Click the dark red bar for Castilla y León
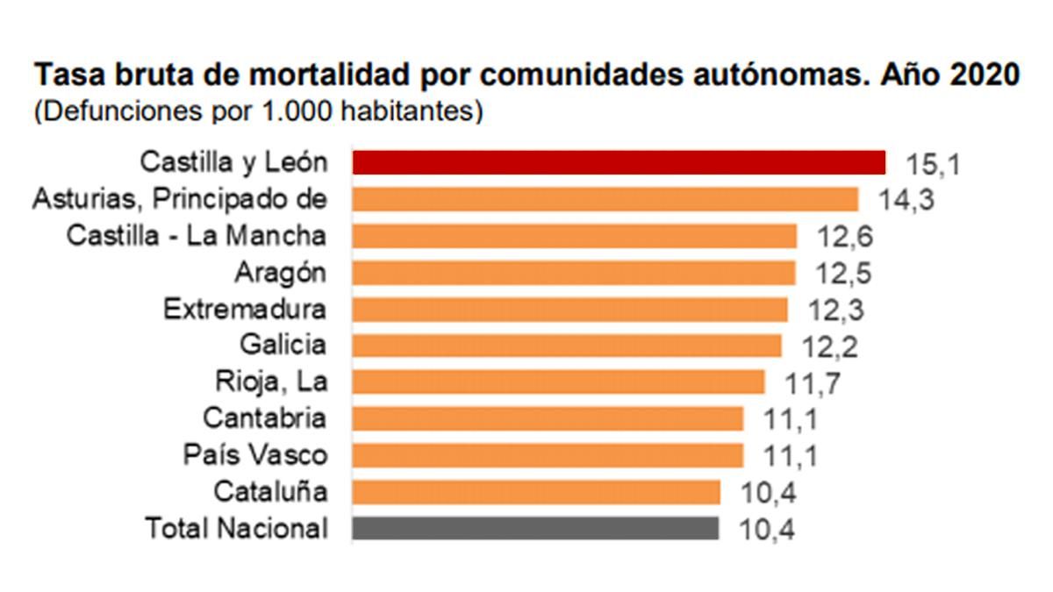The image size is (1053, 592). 619,162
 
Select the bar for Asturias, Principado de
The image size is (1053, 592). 605,199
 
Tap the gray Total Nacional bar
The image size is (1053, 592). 535,528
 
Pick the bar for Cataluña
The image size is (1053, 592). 536,491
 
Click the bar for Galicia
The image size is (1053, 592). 567,346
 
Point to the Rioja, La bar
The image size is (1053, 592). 558,382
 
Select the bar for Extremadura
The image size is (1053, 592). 570,309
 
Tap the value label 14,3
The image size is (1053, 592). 906,201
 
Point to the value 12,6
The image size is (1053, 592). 845,238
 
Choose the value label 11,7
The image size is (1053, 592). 813,383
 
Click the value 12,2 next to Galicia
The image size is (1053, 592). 829,347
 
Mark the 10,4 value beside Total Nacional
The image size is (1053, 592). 768,530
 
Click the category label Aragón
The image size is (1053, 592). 280,273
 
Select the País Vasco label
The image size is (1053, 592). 254,455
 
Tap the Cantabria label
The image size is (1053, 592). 264,418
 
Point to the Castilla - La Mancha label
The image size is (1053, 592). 197,236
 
